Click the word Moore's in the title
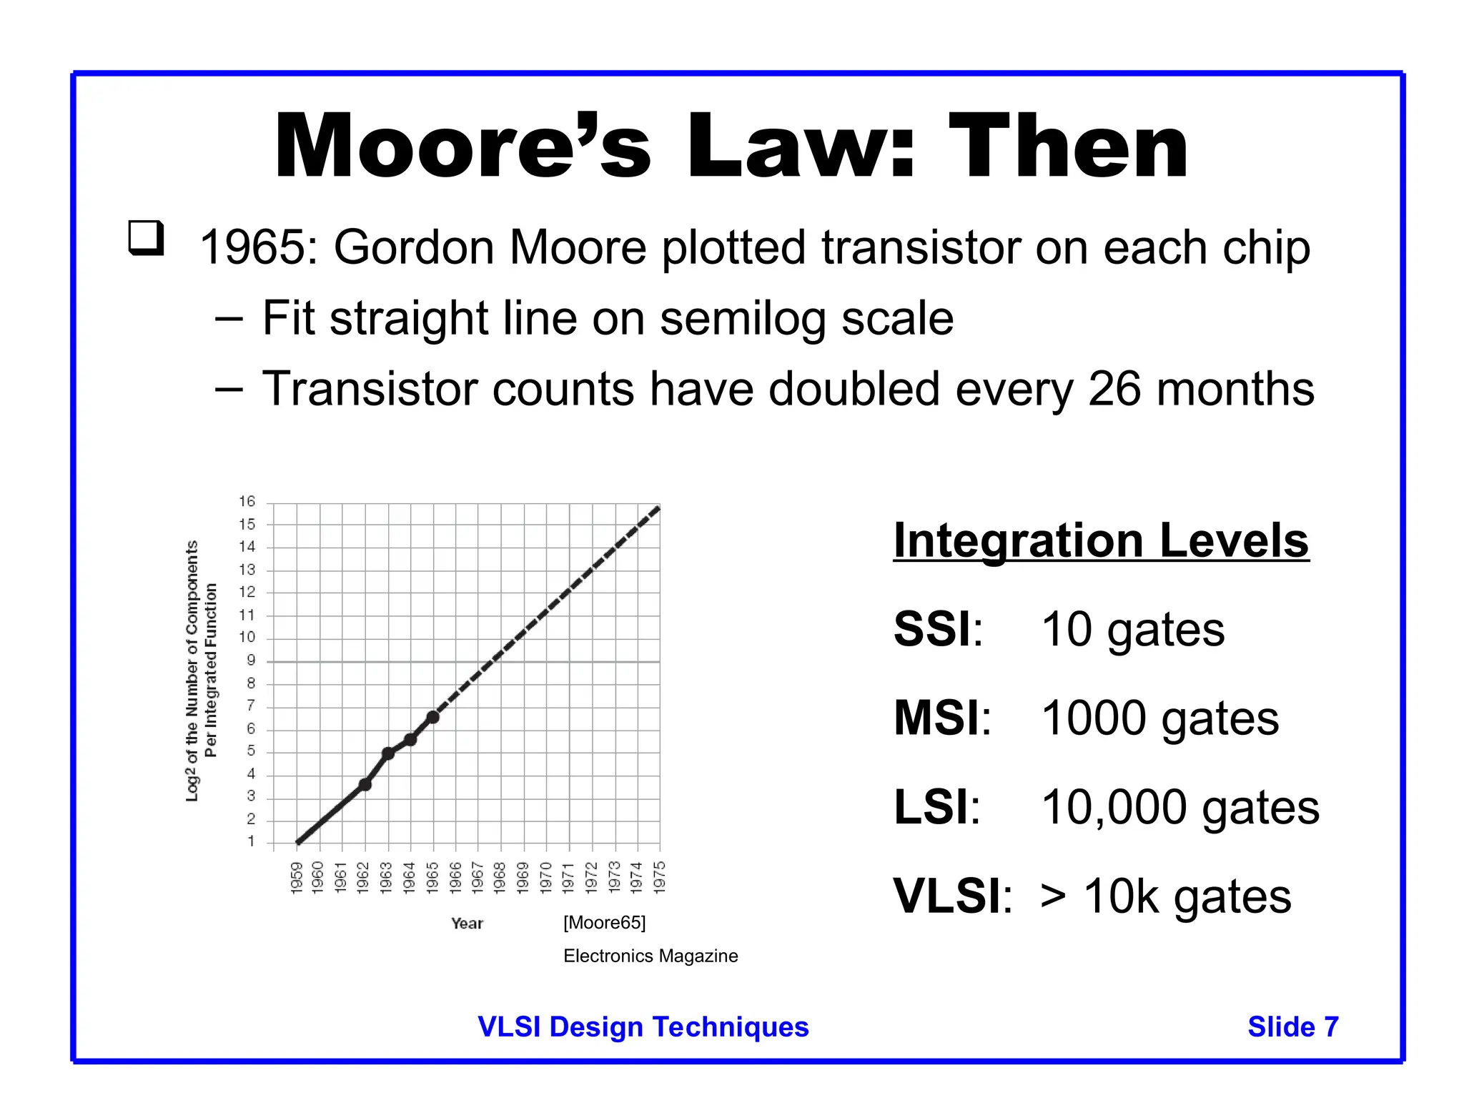[x=462, y=147]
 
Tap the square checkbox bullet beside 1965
[x=146, y=238]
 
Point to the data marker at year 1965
[x=432, y=716]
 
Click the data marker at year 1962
[x=365, y=784]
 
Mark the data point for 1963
[x=387, y=753]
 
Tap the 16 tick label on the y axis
[x=247, y=502]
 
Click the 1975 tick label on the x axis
[x=660, y=877]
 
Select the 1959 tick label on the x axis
[x=297, y=877]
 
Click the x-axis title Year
[x=467, y=924]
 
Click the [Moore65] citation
[x=604, y=923]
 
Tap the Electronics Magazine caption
[x=650, y=956]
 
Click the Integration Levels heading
[x=1101, y=540]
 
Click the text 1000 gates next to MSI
[x=1159, y=718]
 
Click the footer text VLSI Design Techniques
[x=643, y=1027]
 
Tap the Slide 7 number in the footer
[x=1292, y=1027]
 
